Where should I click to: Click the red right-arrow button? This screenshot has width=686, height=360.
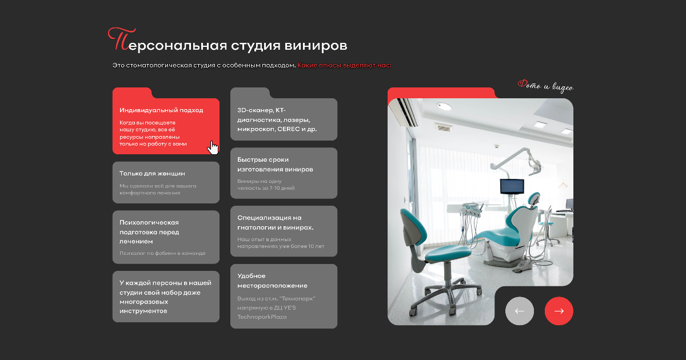pyautogui.click(x=559, y=311)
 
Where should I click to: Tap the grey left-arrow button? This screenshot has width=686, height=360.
pyautogui.click(x=520, y=311)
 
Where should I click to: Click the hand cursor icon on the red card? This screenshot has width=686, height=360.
pyautogui.click(x=213, y=148)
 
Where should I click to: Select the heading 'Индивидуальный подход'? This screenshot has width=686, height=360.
pyautogui.click(x=161, y=110)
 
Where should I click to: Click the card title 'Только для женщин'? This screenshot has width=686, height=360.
pyautogui.click(x=152, y=174)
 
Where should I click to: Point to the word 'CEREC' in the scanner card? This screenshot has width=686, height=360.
pyautogui.click(x=289, y=129)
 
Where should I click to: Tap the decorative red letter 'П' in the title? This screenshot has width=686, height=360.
pyautogui.click(x=121, y=39)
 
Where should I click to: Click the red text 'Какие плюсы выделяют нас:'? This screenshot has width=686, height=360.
pyautogui.click(x=344, y=65)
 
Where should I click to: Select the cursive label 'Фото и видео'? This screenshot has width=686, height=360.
pyautogui.click(x=545, y=86)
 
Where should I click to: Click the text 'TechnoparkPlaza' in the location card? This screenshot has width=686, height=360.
pyautogui.click(x=262, y=317)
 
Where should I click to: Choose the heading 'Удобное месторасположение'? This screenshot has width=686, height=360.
pyautogui.click(x=272, y=281)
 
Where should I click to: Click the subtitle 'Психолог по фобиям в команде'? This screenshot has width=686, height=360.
pyautogui.click(x=162, y=253)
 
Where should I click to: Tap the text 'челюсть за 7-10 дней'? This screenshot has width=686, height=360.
pyautogui.click(x=266, y=188)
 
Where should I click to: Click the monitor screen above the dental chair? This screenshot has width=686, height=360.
pyautogui.click(x=512, y=186)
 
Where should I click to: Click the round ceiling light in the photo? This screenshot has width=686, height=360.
pyautogui.click(x=444, y=106)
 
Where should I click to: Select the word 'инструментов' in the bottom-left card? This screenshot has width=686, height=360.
pyautogui.click(x=143, y=311)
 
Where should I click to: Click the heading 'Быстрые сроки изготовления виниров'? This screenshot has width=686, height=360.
pyautogui.click(x=275, y=165)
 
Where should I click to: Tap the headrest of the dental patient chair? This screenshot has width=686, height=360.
pyautogui.click(x=534, y=198)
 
